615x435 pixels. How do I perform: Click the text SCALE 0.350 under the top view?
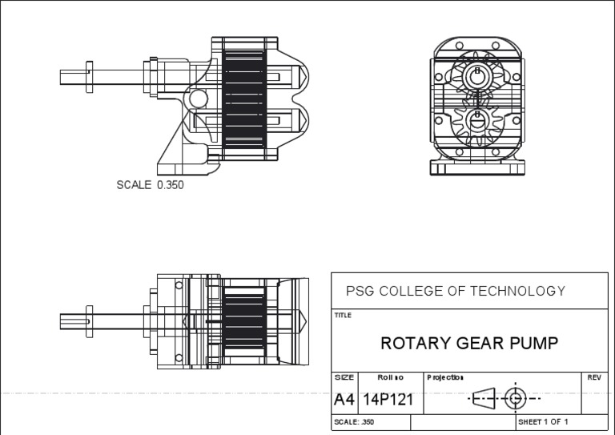click(150, 185)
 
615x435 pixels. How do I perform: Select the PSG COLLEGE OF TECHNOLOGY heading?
click(455, 291)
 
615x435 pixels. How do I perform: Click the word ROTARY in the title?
click(414, 344)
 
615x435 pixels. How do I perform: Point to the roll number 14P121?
click(388, 399)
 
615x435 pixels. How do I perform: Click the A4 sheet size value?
click(344, 399)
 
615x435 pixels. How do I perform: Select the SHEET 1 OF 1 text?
click(543, 421)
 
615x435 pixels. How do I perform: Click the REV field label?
click(593, 377)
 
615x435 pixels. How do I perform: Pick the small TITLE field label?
click(343, 316)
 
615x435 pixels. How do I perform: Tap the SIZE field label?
click(344, 377)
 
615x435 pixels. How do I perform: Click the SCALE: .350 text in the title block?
click(353, 421)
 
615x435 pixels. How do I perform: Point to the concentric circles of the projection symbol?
click(515, 397)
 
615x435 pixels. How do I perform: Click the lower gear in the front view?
click(478, 121)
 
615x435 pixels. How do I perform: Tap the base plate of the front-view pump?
click(478, 167)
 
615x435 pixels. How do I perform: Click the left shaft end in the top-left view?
click(64, 77)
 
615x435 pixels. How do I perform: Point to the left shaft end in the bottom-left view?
click(64, 320)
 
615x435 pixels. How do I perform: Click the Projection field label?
click(445, 377)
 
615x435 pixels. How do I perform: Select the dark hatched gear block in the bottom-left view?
click(243, 320)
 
